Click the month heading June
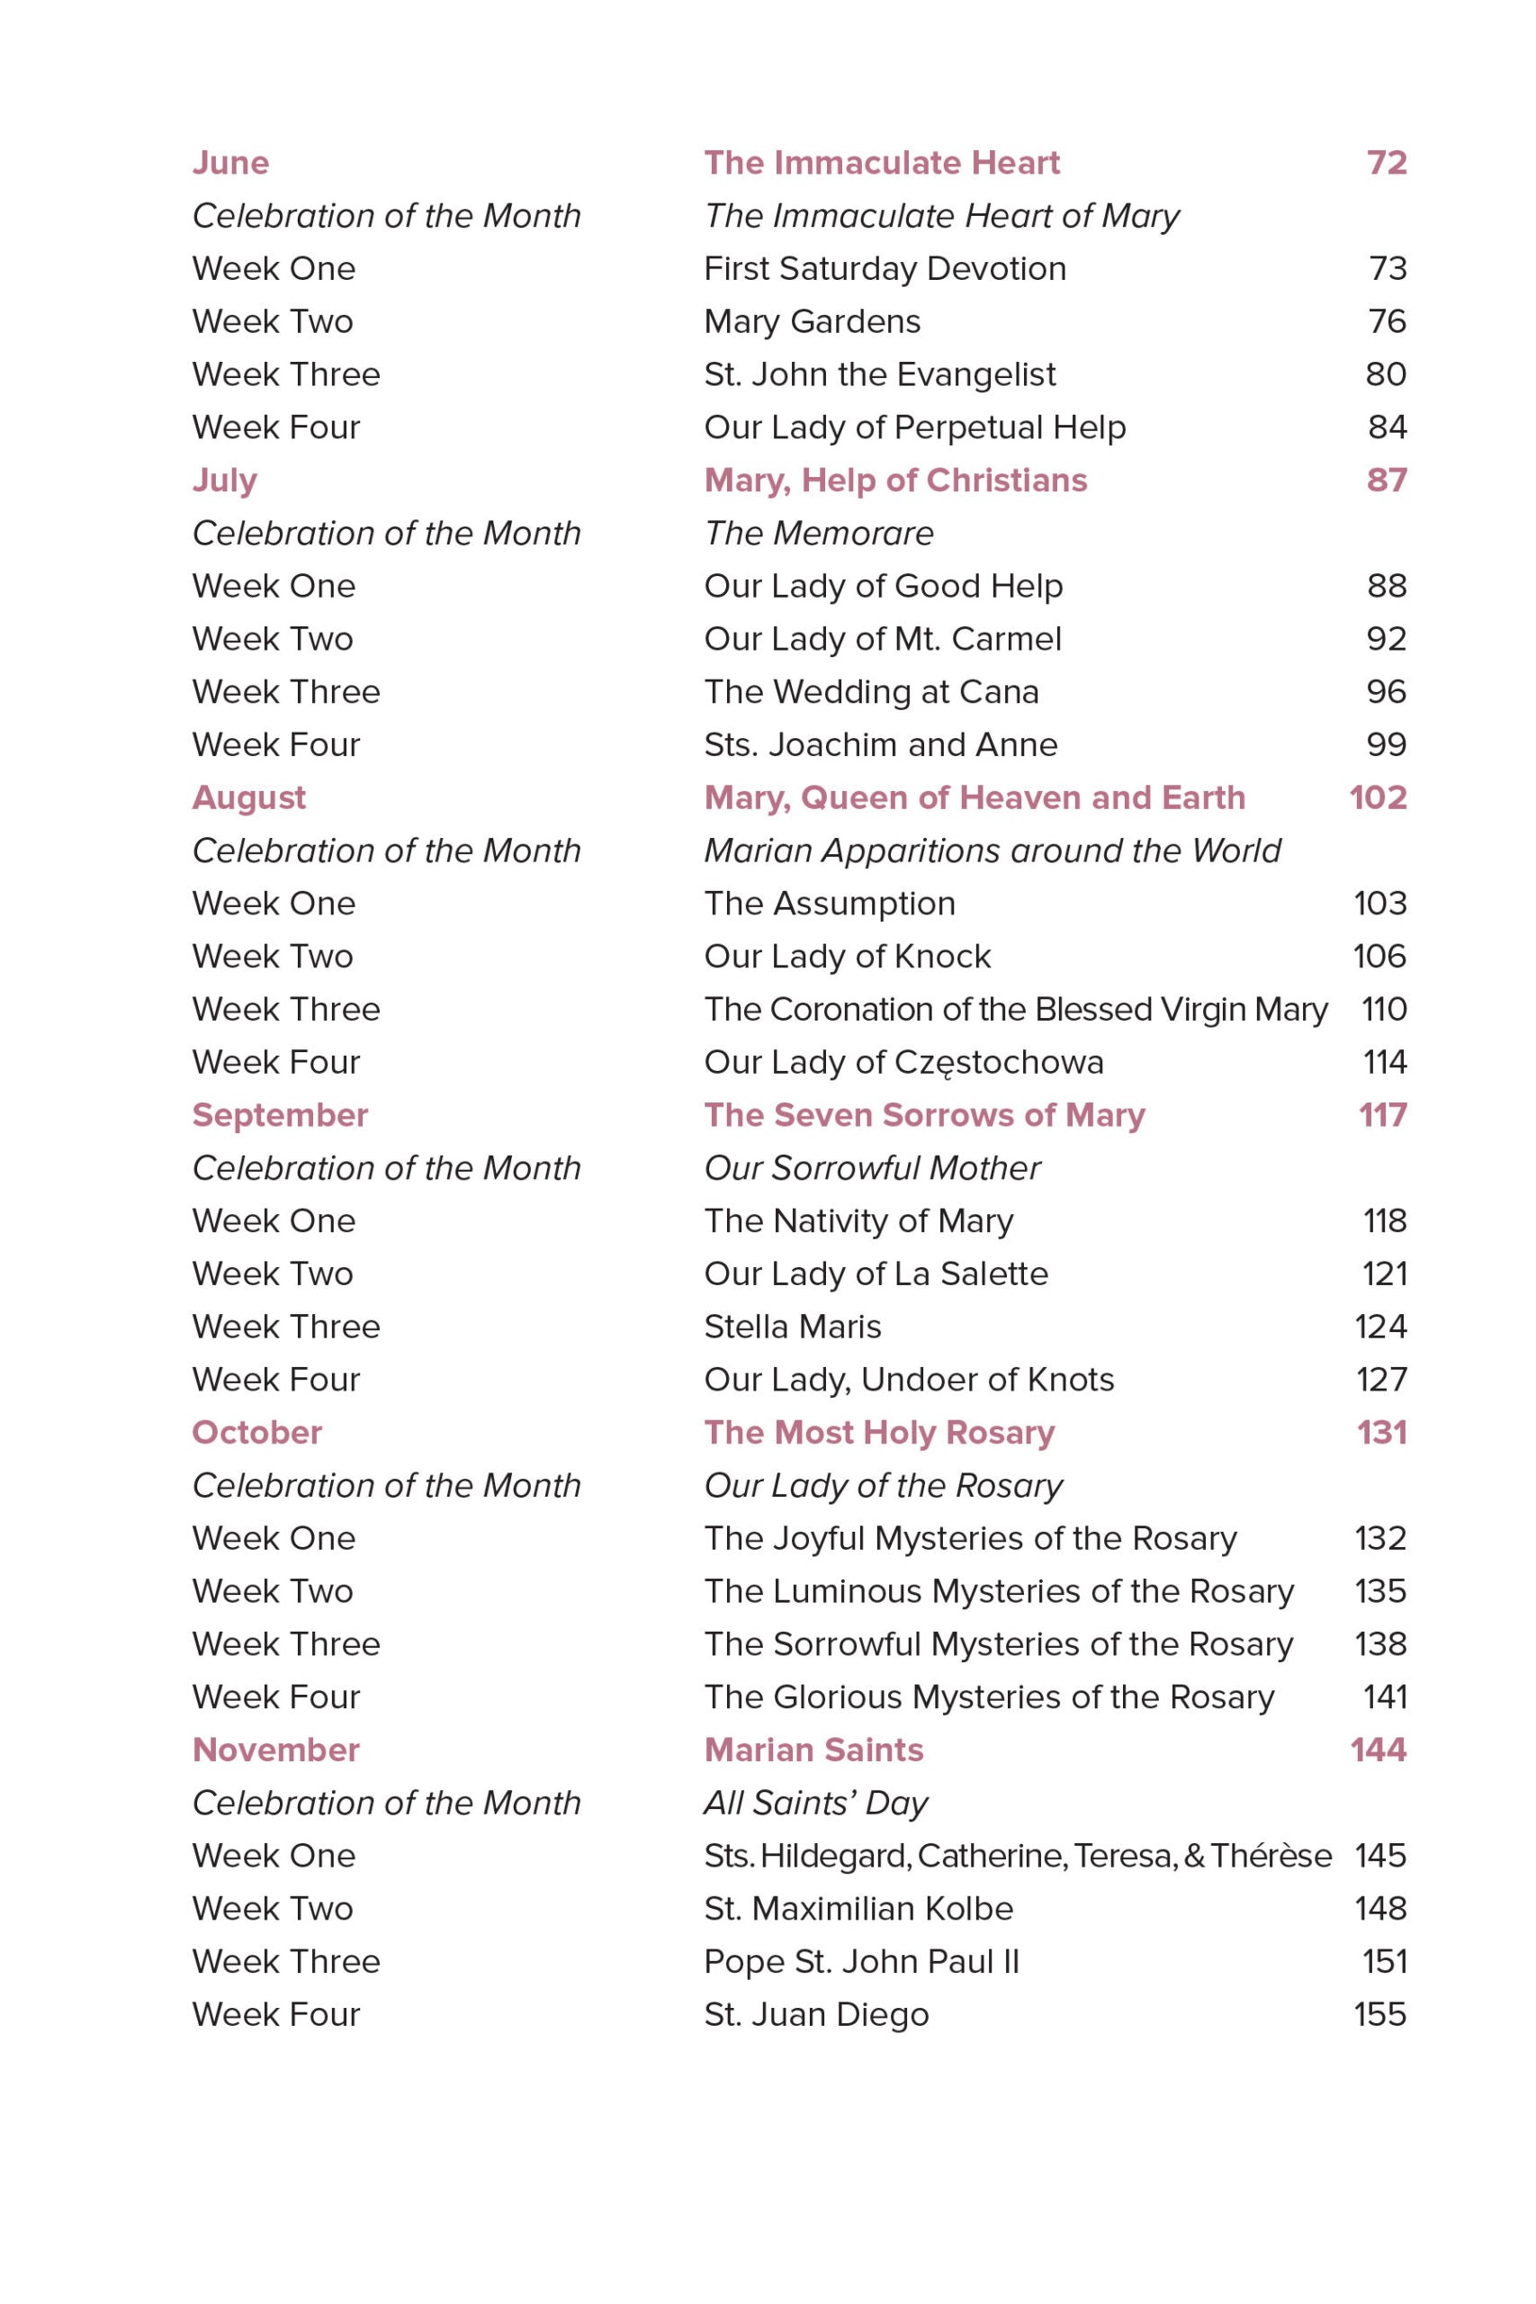click(230, 163)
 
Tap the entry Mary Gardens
click(812, 321)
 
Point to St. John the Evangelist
click(880, 374)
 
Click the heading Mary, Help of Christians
click(895, 480)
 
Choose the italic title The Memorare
click(819, 533)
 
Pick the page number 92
click(1386, 639)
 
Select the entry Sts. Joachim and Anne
click(881, 744)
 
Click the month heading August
click(249, 797)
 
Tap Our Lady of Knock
click(848, 956)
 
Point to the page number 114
click(1384, 1062)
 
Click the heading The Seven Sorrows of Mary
click(925, 1115)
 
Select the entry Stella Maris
click(793, 1327)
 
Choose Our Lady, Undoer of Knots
click(909, 1380)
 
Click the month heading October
click(256, 1432)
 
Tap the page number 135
click(1380, 1591)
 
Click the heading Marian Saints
click(814, 1750)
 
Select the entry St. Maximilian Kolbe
click(858, 1908)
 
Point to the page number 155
click(1379, 2014)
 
